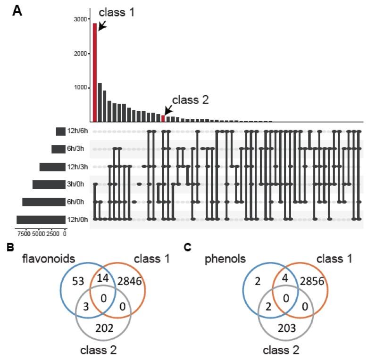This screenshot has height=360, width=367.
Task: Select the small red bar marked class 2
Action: coord(163,118)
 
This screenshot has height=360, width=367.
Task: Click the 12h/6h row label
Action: coord(76,131)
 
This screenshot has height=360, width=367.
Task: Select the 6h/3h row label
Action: coord(76,149)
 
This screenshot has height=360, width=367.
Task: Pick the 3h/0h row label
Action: coord(76,184)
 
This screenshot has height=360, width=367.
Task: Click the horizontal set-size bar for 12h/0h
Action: coord(41,219)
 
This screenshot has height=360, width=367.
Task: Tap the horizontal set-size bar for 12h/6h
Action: coord(60,131)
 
